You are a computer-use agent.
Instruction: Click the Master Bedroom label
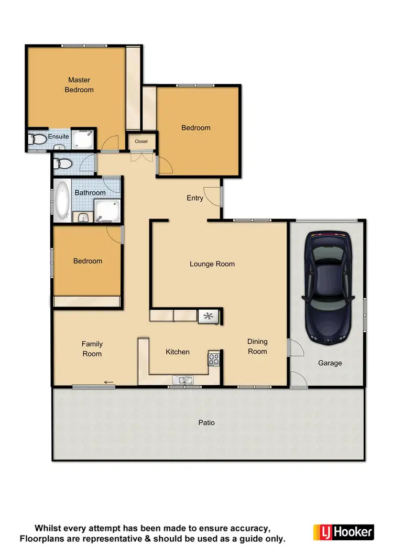click(x=79, y=85)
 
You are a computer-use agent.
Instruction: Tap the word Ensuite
click(x=58, y=137)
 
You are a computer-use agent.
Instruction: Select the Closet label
click(x=141, y=141)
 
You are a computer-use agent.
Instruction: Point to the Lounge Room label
click(x=212, y=264)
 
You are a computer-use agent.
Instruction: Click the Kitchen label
click(x=178, y=352)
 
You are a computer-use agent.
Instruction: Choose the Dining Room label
click(x=257, y=346)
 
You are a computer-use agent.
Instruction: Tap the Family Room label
click(x=92, y=349)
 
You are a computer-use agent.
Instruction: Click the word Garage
click(x=330, y=363)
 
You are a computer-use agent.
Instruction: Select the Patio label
click(x=206, y=422)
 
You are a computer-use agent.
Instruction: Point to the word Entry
click(x=195, y=198)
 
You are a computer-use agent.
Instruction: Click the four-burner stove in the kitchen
click(x=215, y=359)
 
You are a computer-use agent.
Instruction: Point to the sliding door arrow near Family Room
click(x=109, y=383)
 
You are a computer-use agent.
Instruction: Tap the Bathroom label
click(x=90, y=192)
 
